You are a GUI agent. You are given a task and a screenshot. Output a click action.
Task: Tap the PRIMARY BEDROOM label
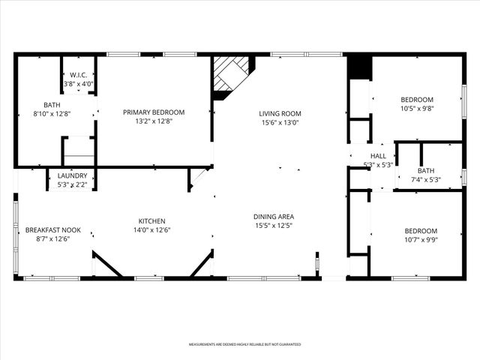tap(154, 112)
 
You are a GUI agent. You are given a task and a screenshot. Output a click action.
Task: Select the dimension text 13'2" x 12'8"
tap(154, 121)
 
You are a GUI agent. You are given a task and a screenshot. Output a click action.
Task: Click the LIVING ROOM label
tap(280, 113)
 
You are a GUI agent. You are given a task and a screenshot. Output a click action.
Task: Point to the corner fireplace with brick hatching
tap(229, 76)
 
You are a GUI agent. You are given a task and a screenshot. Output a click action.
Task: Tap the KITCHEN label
tap(151, 220)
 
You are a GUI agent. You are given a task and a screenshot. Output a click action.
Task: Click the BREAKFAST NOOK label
tap(52, 229)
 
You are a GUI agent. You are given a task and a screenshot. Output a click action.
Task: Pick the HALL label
tap(378, 156)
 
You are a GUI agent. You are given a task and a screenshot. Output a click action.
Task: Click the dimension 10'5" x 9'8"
tap(417, 109)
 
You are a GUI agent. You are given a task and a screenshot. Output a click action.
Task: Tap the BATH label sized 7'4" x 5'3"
tap(425, 170)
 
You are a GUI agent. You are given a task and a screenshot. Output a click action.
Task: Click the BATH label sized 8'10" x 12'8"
tap(52, 105)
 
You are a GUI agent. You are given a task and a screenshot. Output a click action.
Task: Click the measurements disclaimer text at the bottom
tap(244, 344)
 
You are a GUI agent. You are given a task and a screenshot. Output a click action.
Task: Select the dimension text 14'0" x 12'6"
tap(151, 230)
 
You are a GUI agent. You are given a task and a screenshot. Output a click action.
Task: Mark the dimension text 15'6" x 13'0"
tap(280, 123)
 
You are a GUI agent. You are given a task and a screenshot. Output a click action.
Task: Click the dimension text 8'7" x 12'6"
tap(52, 239)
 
